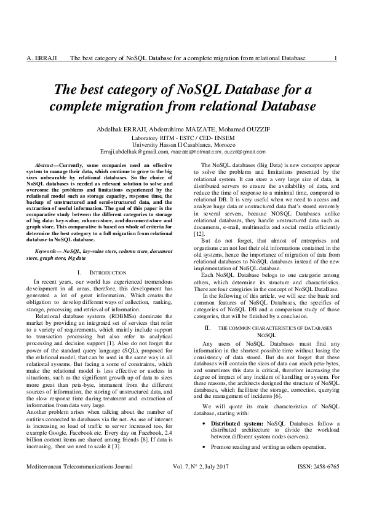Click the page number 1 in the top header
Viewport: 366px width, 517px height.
click(334, 58)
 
